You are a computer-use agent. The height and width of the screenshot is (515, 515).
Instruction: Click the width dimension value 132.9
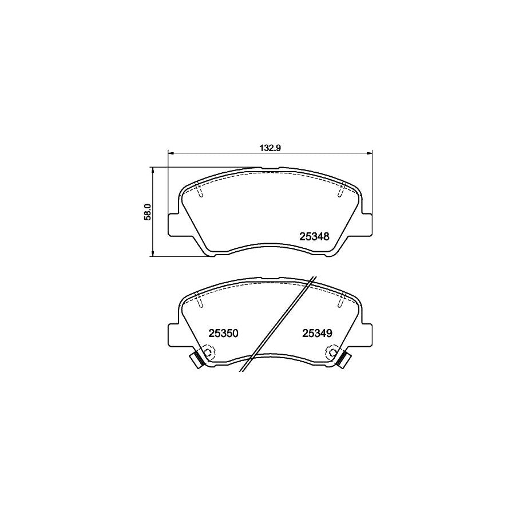click(x=270, y=148)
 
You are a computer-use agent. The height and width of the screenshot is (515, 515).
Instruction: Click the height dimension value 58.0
click(x=148, y=212)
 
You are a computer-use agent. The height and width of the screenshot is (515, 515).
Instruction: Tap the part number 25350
click(x=223, y=333)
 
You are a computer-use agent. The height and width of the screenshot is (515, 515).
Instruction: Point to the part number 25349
click(x=317, y=333)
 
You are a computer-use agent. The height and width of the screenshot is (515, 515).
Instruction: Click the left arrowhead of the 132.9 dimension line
click(x=170, y=153)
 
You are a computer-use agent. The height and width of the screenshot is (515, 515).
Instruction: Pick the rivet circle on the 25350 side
click(x=207, y=354)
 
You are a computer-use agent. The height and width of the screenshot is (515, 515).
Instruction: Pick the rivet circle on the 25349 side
click(x=332, y=354)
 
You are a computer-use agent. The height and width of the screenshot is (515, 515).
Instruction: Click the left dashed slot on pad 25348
click(x=199, y=190)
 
